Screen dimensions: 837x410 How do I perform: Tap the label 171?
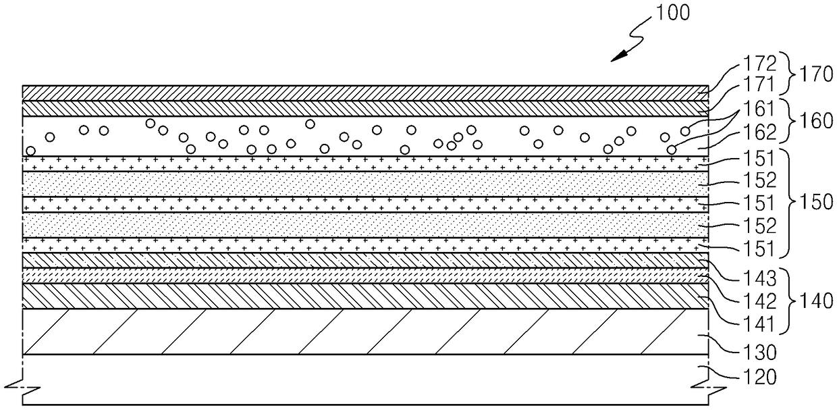(759, 84)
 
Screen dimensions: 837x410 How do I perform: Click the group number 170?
(816, 74)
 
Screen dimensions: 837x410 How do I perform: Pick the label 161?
(759, 109)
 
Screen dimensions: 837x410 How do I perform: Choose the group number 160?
(816, 121)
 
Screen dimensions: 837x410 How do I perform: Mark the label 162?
(759, 132)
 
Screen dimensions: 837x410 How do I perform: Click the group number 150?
(816, 202)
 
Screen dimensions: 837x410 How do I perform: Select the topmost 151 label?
(759, 159)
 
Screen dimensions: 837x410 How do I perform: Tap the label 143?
(759, 278)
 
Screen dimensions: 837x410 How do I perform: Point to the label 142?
(759, 301)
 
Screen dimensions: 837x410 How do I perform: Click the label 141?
(759, 324)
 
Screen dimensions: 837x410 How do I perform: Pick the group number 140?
(816, 301)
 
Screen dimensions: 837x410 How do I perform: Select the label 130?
(759, 353)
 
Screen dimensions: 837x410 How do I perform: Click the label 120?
(759, 377)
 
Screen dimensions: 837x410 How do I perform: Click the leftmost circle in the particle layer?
(30, 151)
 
